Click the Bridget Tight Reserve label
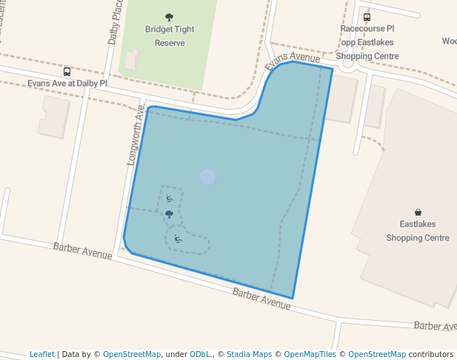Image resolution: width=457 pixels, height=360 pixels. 170,36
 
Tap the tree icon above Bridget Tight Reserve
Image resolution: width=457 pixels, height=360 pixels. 170,16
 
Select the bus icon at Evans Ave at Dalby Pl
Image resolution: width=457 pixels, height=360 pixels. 67,72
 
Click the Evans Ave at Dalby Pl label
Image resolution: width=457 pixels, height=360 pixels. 67,84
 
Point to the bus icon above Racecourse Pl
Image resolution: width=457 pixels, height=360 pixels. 367,17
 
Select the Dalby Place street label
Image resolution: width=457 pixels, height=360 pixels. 116,22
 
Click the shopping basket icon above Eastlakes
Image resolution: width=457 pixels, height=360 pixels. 418,212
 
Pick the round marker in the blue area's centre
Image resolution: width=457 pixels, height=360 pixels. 208,177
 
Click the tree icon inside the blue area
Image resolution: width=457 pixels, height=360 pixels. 169,214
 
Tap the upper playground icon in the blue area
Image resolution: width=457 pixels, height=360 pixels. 169,199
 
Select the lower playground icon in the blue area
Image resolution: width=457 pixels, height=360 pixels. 177,239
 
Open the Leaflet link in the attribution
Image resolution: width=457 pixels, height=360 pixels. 42,354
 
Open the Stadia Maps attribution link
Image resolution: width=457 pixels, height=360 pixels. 253,354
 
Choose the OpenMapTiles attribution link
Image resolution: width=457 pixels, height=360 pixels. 310,354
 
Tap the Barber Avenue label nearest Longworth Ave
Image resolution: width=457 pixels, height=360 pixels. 82,250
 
